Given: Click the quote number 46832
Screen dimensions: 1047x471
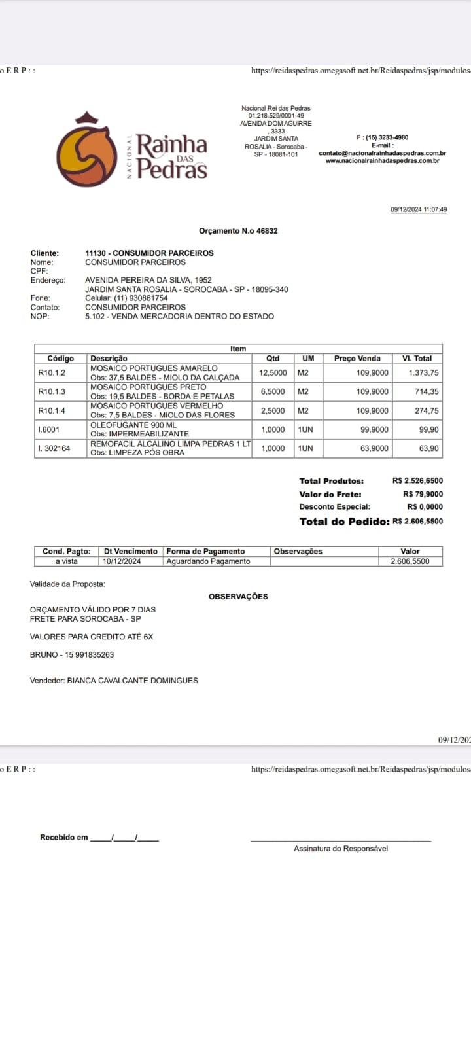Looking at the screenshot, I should click(x=267, y=231).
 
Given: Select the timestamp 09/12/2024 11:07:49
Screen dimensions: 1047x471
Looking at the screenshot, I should click(x=419, y=210).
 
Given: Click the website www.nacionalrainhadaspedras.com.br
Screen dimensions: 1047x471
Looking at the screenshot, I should click(x=382, y=160).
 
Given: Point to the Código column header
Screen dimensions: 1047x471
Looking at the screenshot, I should click(x=61, y=359).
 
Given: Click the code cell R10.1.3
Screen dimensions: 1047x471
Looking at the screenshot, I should click(x=52, y=391).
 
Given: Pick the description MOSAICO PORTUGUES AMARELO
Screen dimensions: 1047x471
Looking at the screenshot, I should click(x=154, y=368).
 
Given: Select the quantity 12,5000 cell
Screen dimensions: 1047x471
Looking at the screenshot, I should click(x=272, y=373).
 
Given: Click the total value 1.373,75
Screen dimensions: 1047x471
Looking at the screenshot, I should click(x=424, y=373).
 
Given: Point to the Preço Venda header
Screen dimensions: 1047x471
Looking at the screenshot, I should click(x=357, y=359).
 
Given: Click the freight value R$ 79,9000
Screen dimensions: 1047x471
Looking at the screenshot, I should click(x=423, y=495).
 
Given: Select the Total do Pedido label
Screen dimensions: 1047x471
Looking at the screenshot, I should click(x=344, y=522).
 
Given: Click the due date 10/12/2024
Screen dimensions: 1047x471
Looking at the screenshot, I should click(x=122, y=561).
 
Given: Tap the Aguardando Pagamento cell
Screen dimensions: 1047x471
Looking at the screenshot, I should click(x=208, y=561).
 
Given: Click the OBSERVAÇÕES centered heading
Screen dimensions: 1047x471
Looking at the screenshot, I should click(x=238, y=597).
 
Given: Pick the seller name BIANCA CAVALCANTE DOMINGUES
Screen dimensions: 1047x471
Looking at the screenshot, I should click(x=132, y=681).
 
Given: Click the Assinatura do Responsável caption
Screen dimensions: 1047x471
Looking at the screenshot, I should click(x=341, y=849).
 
